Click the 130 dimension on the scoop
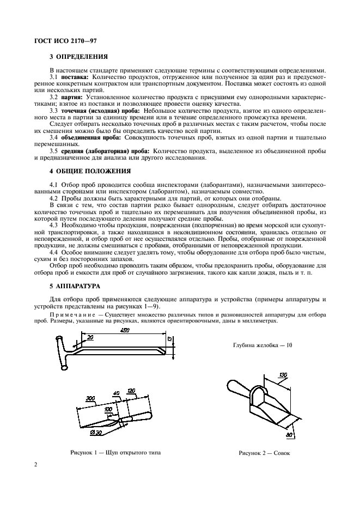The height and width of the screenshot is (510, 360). [x=283, y=376]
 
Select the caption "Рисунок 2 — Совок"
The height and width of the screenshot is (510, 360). [x=264, y=453]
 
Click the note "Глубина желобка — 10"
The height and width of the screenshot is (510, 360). [x=263, y=345]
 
